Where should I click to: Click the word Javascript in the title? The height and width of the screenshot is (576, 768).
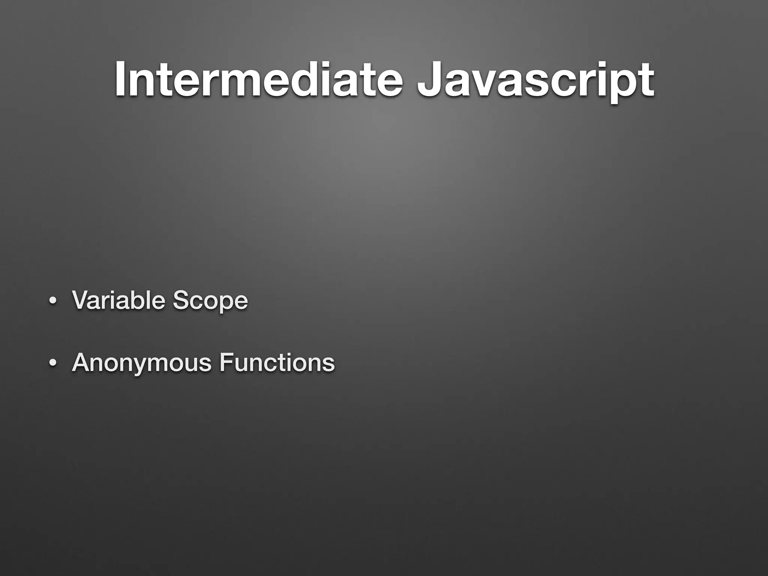pos(536,80)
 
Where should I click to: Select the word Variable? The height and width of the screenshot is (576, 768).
pos(118,300)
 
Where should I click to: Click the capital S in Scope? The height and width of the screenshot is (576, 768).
pos(180,300)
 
